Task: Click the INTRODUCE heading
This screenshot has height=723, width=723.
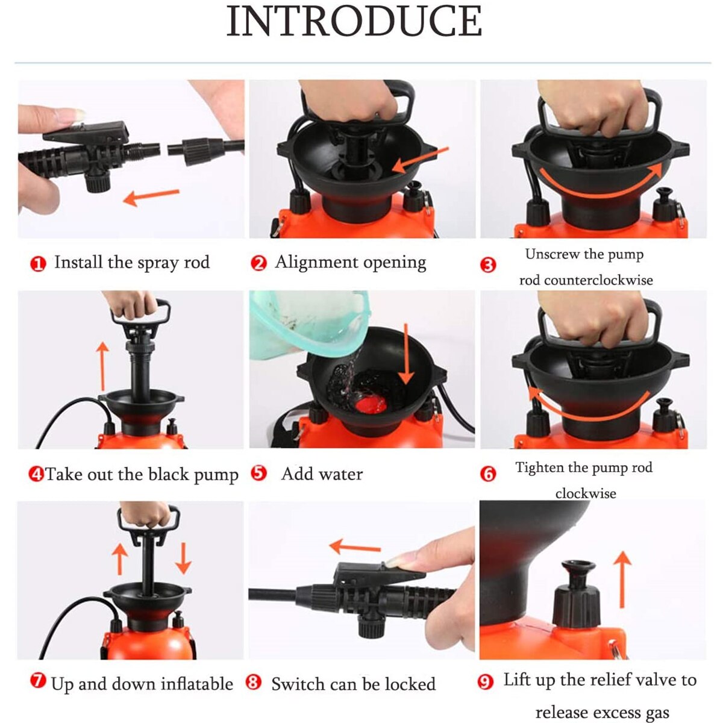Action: [354, 22]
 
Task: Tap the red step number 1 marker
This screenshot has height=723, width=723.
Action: [38, 264]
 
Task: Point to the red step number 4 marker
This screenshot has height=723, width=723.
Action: [36, 474]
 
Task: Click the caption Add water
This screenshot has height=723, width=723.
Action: [322, 474]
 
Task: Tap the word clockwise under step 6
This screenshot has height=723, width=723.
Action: [586, 493]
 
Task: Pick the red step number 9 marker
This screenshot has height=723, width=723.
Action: [486, 682]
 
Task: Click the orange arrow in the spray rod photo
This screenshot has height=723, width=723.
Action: [151, 196]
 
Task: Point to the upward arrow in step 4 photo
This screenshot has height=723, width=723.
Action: [103, 365]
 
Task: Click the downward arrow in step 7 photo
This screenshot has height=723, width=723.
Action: [183, 558]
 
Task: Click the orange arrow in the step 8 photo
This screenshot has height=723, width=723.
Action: [355, 548]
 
